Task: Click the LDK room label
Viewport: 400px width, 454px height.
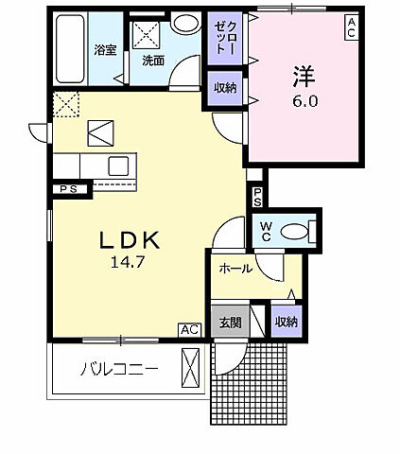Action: point(130,240)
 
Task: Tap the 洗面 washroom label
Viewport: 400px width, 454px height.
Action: point(152,59)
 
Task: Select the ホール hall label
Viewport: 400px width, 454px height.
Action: point(235,269)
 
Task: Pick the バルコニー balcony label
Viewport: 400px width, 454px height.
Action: point(118,369)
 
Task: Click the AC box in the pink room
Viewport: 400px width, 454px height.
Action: point(351,28)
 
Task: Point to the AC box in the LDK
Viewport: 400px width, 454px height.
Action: point(189,329)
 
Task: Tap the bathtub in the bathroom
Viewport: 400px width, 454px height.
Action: point(68,49)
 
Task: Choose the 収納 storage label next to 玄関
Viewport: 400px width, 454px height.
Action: point(286,321)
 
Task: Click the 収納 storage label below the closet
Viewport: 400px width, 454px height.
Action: point(224,88)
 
